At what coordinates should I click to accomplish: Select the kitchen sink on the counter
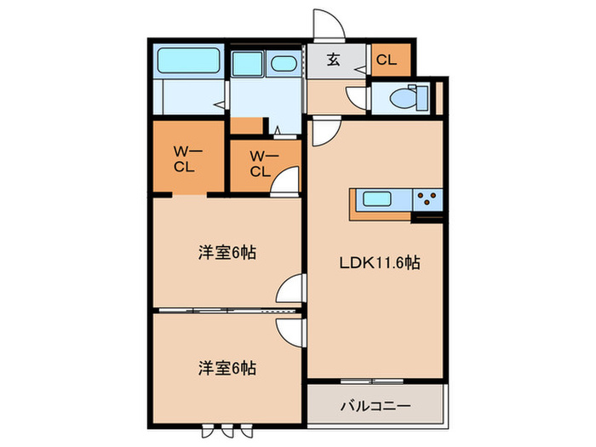click(377, 199)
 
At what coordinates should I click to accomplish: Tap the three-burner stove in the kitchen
click(428, 200)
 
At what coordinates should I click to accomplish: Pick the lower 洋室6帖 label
click(226, 369)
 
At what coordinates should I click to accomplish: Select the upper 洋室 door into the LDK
click(293, 289)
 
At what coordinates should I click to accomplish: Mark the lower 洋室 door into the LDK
click(292, 330)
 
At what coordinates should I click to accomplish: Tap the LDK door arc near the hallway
click(323, 132)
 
